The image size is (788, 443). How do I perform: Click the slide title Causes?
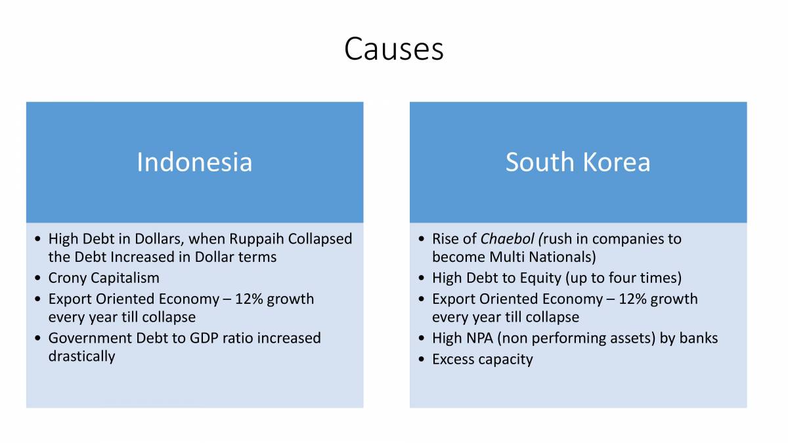tap(393, 49)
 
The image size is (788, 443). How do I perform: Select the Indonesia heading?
tap(194, 162)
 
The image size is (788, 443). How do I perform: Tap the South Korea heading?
tap(578, 162)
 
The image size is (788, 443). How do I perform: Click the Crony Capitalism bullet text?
tap(104, 278)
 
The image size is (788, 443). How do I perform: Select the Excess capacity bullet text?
tap(482, 360)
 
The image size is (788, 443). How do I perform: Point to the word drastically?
tap(81, 356)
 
